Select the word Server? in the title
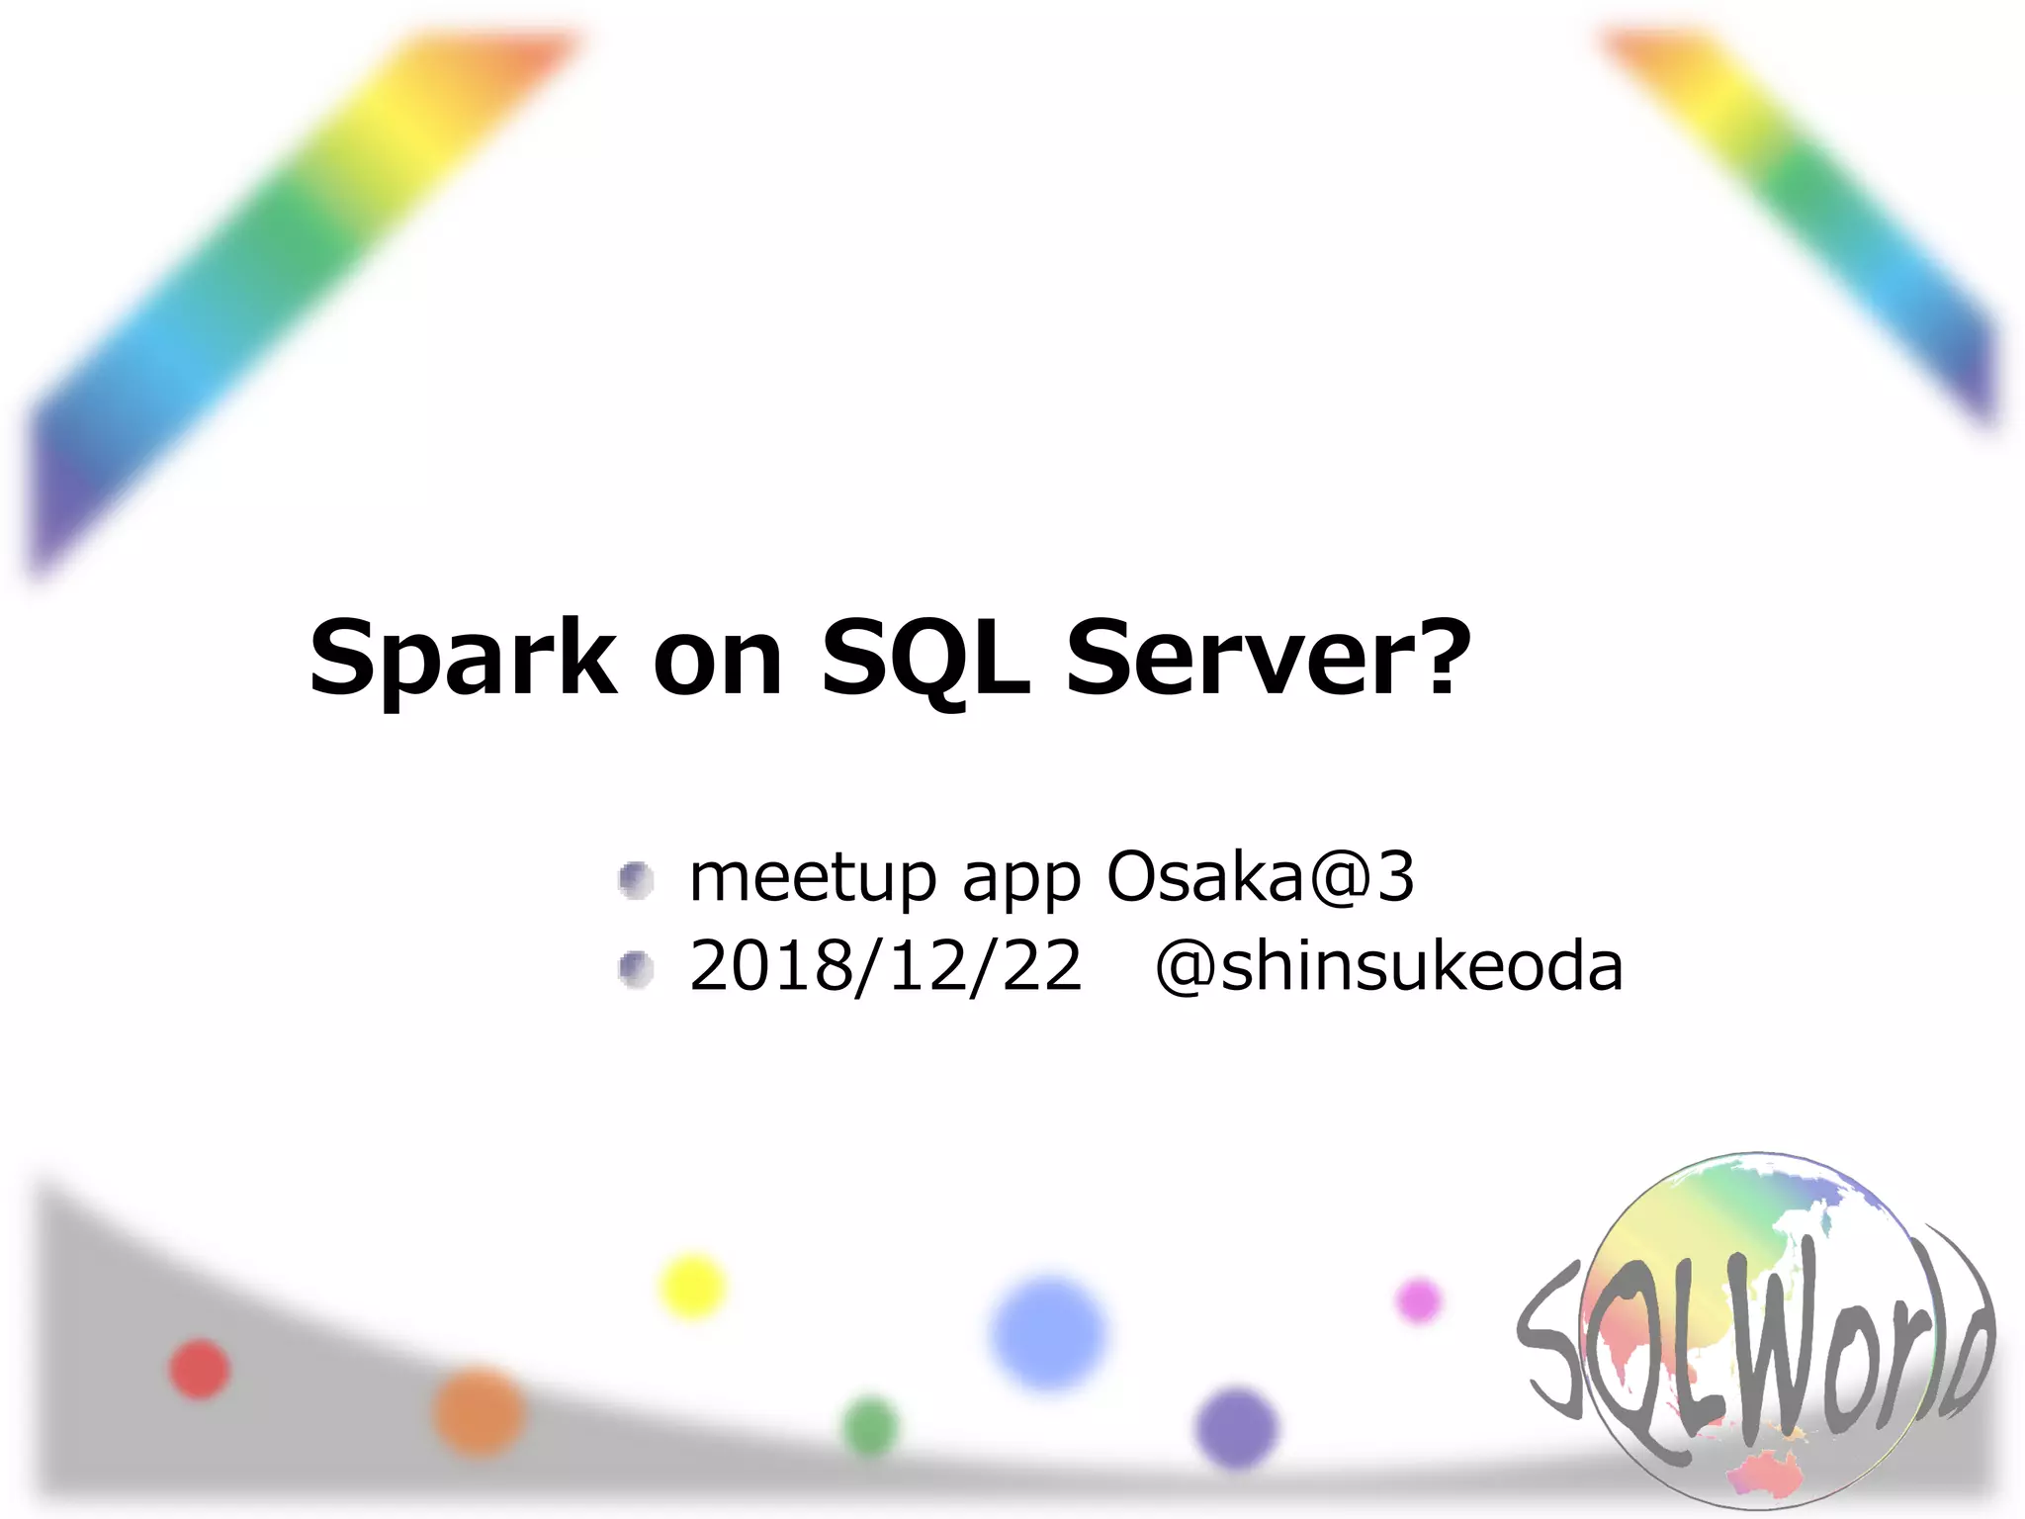pyautogui.click(x=1269, y=658)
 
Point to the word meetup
pyautogui.click(x=812, y=878)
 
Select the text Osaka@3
pyautogui.click(x=1260, y=876)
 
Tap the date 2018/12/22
pyautogui.click(x=885, y=966)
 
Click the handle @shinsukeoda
pyautogui.click(x=1388, y=966)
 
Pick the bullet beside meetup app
pyautogui.click(x=636, y=879)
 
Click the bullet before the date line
pyautogui.click(x=636, y=968)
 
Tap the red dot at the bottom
pyautogui.click(x=200, y=1370)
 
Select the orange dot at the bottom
pyautogui.click(x=480, y=1411)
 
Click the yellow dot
pyautogui.click(x=692, y=1287)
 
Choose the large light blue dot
pyautogui.click(x=1048, y=1333)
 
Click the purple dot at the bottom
pyautogui.click(x=1236, y=1427)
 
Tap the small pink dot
pyautogui.click(x=1419, y=1300)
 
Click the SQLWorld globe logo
pyautogui.click(x=1756, y=1335)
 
